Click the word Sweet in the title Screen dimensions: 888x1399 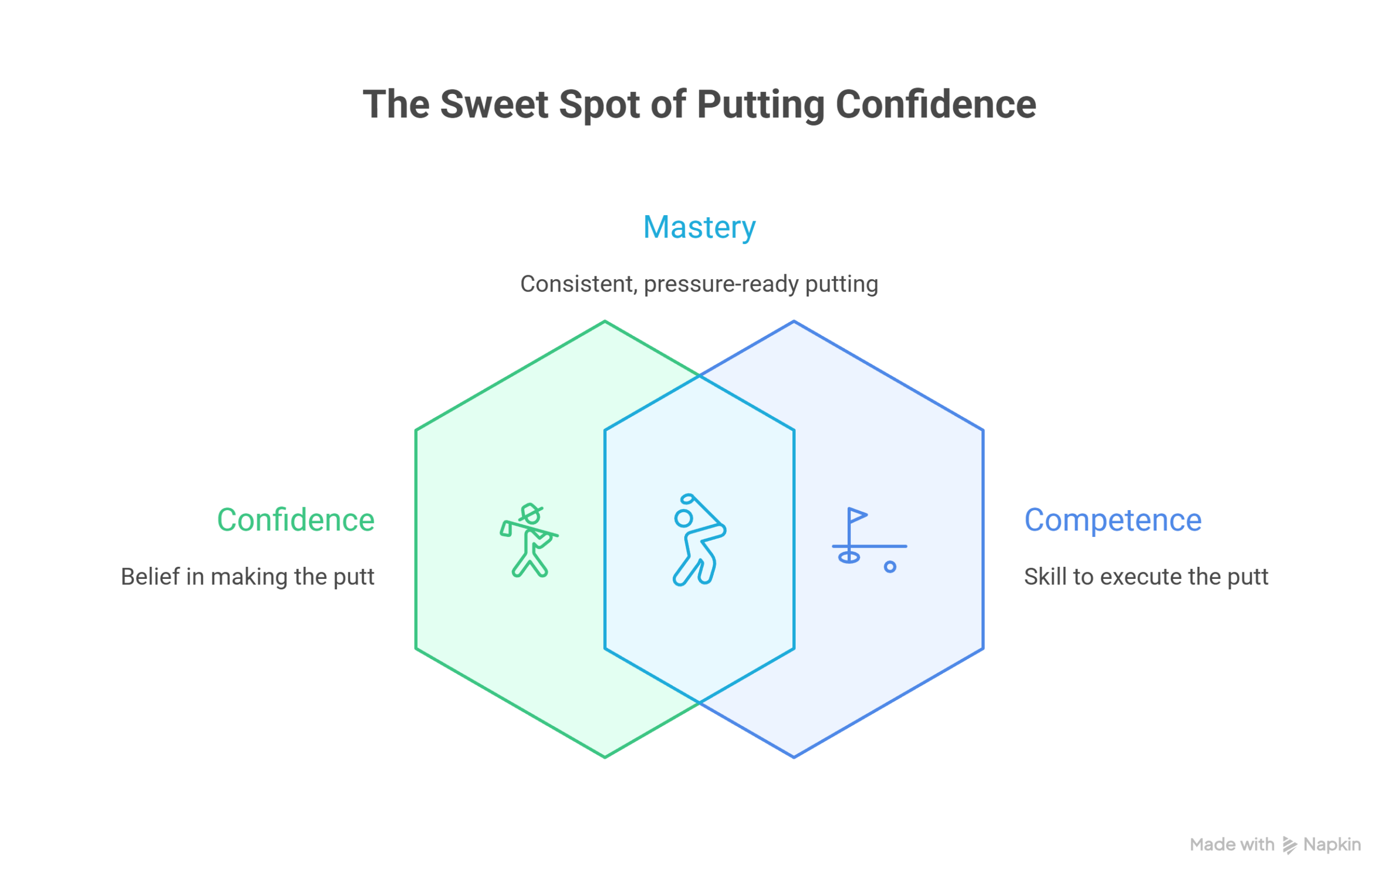click(494, 105)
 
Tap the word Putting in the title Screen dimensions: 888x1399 click(760, 105)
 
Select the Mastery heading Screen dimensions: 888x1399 click(699, 227)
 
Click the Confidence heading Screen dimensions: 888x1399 click(296, 520)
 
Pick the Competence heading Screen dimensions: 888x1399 click(1113, 520)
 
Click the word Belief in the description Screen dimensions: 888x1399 click(150, 577)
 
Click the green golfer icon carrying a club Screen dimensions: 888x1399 click(528, 540)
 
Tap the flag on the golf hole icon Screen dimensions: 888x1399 click(856, 515)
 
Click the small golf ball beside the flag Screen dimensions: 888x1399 click(890, 567)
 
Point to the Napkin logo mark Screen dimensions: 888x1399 click(1289, 845)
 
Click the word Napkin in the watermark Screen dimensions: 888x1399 click(1332, 844)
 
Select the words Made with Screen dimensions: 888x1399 click(1232, 844)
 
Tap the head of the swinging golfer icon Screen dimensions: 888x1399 click(683, 518)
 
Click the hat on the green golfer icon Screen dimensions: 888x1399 click(531, 512)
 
